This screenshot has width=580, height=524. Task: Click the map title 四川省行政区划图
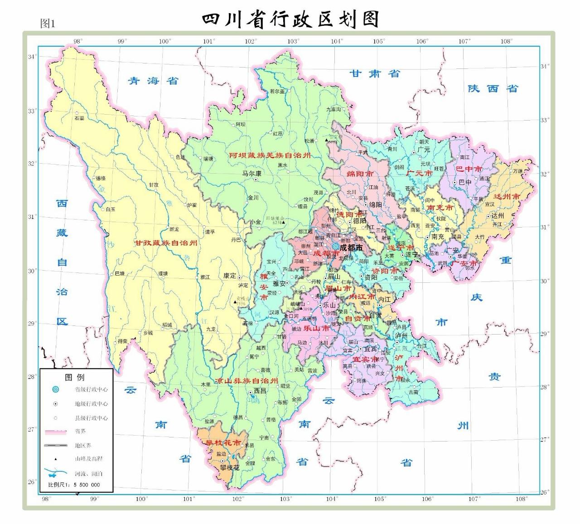pos(290,19)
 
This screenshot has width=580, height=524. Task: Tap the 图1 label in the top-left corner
pos(48,23)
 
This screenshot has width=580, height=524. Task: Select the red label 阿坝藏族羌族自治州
pos(270,155)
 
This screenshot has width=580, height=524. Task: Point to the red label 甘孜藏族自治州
pos(165,243)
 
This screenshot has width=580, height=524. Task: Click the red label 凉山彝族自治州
pos(246,381)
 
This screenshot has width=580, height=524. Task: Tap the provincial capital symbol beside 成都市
pos(335,247)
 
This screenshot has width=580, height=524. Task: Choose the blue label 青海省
pos(153,81)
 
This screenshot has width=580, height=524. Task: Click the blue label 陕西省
pos(493,88)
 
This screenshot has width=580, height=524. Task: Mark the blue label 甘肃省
pos(375,73)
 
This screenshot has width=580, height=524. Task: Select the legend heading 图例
pos(75,377)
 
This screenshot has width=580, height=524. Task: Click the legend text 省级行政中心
pos(91,389)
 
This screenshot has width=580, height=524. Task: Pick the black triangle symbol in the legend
pos(56,459)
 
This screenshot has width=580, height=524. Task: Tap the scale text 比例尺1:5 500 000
pos(74,485)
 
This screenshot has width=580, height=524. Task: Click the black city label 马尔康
pos(251,173)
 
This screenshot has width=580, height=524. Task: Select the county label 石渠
pos(79,118)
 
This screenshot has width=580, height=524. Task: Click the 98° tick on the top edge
pos(78,41)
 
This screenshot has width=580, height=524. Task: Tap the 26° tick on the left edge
pos(31,481)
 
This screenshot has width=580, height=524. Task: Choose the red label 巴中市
pos(469,169)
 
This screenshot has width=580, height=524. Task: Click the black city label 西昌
pos(260,390)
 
